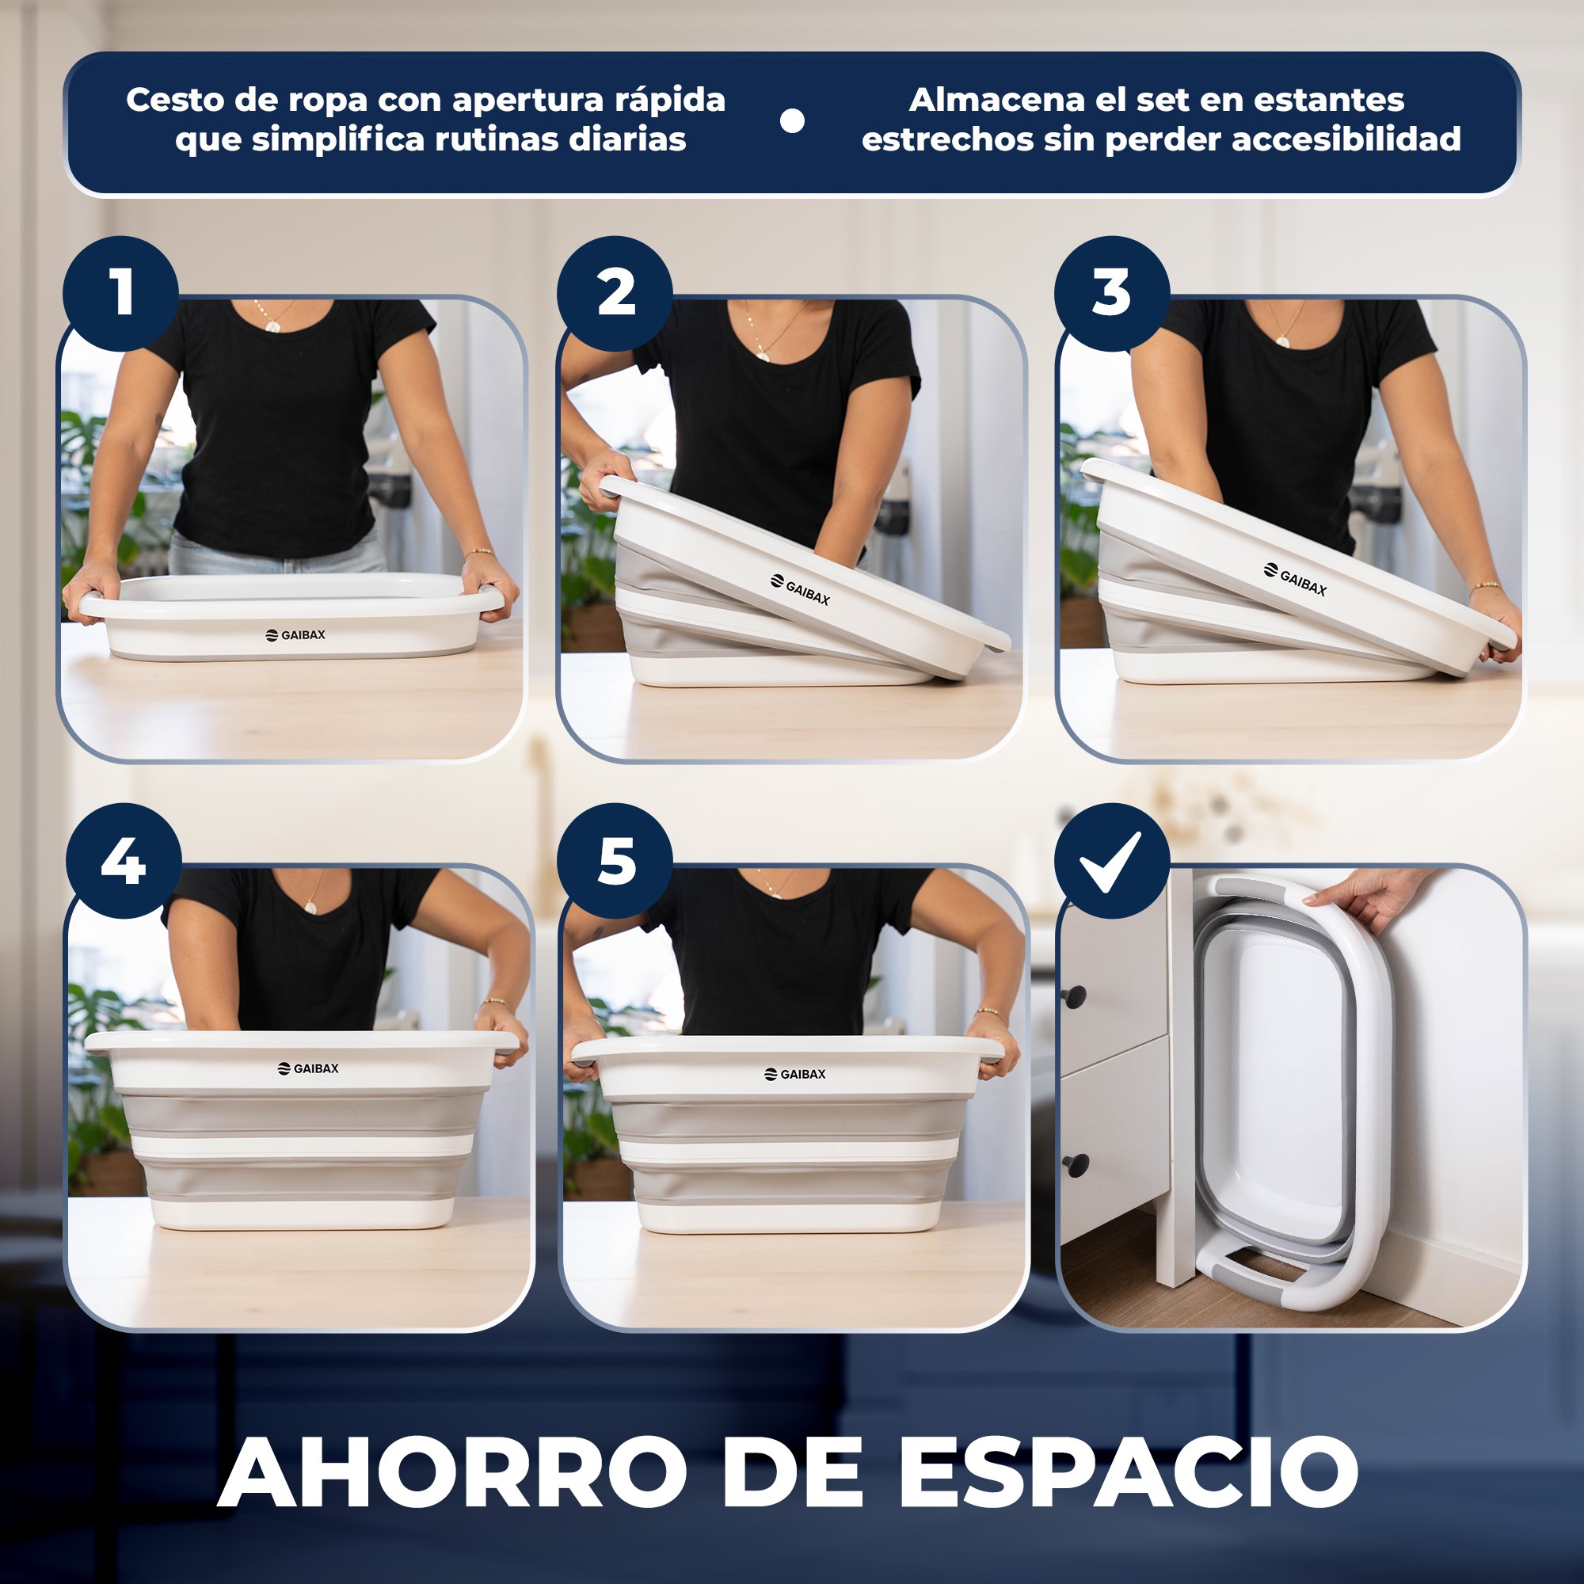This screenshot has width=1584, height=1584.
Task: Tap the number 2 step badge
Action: tap(615, 294)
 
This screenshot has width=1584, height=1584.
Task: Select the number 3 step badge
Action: tap(1112, 294)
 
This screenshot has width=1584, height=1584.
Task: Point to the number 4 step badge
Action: tap(123, 861)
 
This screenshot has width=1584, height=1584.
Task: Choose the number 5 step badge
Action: tap(615, 861)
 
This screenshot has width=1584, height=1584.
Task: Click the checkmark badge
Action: tap(1111, 861)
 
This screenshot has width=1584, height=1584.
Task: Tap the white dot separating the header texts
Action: tap(792, 121)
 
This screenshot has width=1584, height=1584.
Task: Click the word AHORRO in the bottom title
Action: tap(451, 1472)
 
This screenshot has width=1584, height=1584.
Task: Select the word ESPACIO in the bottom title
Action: tap(1128, 1472)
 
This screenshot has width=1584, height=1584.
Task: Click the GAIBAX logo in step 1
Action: tap(296, 634)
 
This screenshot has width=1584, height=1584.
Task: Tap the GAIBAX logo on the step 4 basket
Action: tap(308, 1068)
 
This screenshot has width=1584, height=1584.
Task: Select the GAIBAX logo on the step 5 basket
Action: tap(795, 1074)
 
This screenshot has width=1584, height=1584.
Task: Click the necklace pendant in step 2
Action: tap(763, 356)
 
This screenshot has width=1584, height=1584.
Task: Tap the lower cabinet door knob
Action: tap(1075, 1163)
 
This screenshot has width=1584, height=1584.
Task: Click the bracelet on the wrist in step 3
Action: tap(1484, 586)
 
